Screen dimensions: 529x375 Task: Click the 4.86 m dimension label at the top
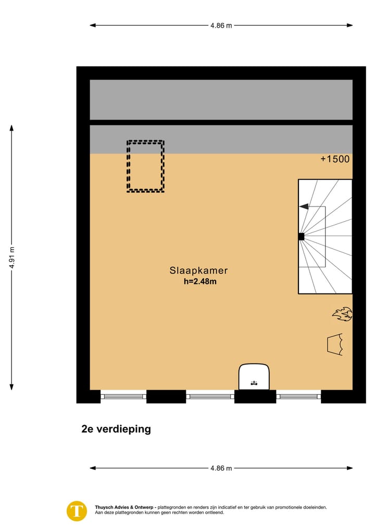[x=221, y=25]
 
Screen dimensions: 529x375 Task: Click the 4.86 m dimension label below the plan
[x=221, y=468]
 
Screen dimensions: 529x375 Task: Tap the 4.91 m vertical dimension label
[x=11, y=257]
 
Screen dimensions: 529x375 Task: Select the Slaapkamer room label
[x=198, y=270]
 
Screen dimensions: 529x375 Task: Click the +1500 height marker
[x=335, y=160]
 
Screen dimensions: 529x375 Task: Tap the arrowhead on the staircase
[x=303, y=207]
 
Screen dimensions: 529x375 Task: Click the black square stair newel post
[x=301, y=237]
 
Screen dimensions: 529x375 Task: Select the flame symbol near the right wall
[x=342, y=314]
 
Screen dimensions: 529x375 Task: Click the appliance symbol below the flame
[x=334, y=344]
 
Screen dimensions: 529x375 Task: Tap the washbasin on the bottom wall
[x=254, y=377]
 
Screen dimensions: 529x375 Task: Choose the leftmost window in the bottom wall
[x=123, y=396]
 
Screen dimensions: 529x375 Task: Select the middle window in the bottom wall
[x=210, y=396]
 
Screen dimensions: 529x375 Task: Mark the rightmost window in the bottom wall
[x=298, y=396]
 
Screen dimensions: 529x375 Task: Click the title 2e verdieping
[x=116, y=429]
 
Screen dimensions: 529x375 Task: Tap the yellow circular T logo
[x=77, y=510]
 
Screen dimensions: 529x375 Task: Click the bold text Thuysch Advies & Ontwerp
[x=124, y=507]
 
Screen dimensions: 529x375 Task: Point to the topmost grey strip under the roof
[x=221, y=99]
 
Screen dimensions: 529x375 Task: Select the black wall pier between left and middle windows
[x=166, y=396]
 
